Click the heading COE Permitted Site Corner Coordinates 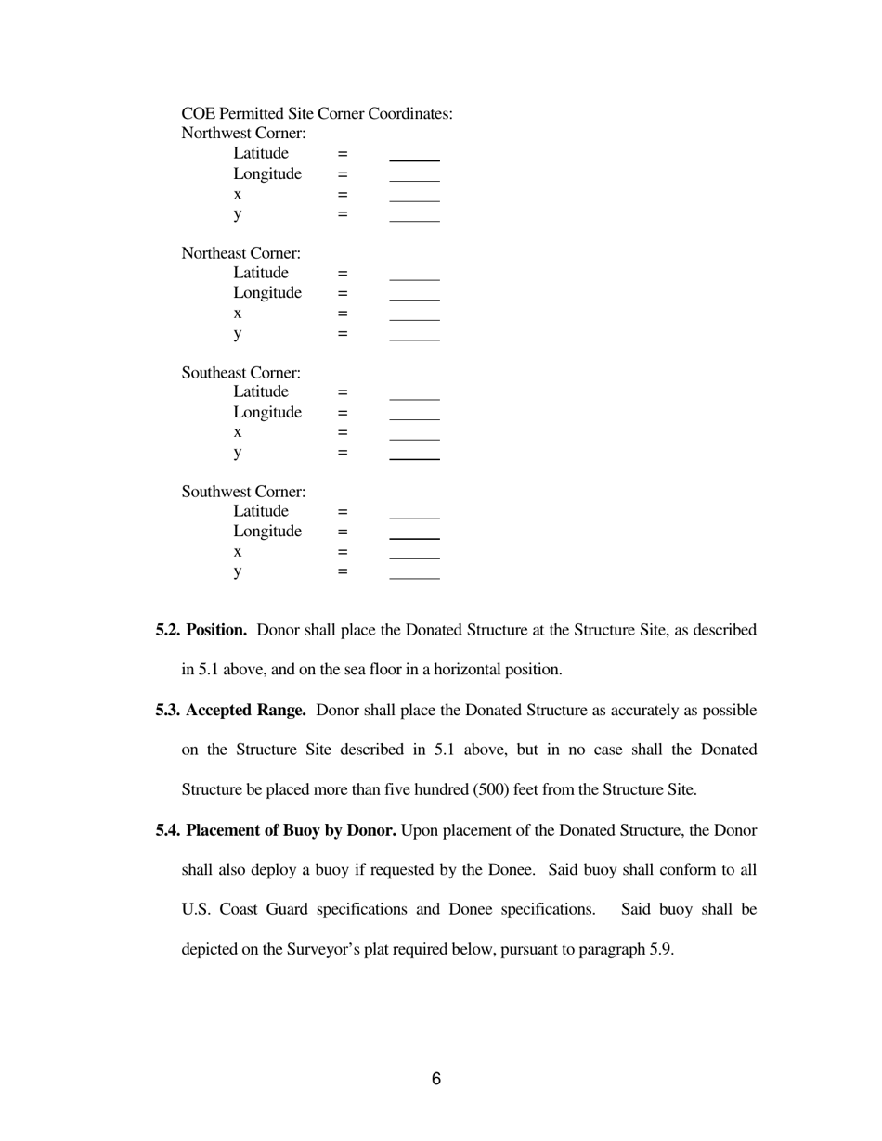(317, 114)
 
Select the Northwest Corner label (243, 134)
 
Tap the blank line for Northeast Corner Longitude (414, 299)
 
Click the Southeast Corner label (240, 373)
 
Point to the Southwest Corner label (243, 492)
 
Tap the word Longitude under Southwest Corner (266, 532)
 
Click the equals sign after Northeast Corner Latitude (342, 274)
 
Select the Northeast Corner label (240, 253)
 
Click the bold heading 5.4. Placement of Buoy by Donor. (276, 830)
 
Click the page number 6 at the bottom (435, 1079)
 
